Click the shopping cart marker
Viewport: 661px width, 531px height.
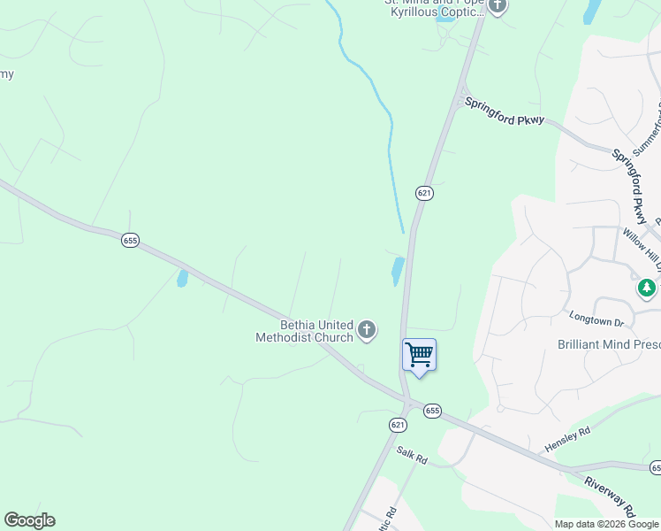[420, 355]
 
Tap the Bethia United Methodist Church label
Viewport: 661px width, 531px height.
[304, 331]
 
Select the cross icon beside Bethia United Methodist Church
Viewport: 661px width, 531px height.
[367, 331]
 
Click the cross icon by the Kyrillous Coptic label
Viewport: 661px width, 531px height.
[498, 7]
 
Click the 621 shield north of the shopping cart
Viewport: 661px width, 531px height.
[425, 192]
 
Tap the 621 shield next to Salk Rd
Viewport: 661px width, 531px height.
[398, 426]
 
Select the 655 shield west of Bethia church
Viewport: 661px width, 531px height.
[131, 241]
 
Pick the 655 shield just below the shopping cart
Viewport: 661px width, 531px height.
[431, 411]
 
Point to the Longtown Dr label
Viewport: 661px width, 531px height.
[597, 315]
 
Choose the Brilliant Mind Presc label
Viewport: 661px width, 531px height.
[609, 344]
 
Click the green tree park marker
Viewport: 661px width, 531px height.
[647, 289]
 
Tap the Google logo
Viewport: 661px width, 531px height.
[29, 520]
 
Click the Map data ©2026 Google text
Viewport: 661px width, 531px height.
[606, 524]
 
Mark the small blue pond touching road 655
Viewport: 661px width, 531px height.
[182, 279]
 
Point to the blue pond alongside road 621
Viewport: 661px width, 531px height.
[398, 271]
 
